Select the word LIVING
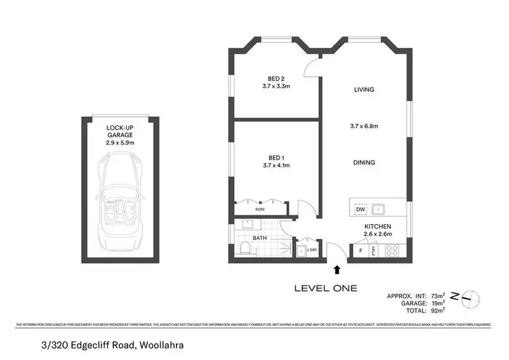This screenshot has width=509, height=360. (x=364, y=90)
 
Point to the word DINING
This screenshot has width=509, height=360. (x=364, y=162)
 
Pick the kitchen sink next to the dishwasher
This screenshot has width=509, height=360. (x=381, y=209)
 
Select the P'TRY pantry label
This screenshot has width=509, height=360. (x=373, y=251)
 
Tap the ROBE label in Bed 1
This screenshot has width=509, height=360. (x=261, y=209)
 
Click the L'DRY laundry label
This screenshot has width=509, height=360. (x=312, y=250)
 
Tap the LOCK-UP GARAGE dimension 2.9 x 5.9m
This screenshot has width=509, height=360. (x=120, y=143)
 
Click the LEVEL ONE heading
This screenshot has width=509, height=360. (x=325, y=288)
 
